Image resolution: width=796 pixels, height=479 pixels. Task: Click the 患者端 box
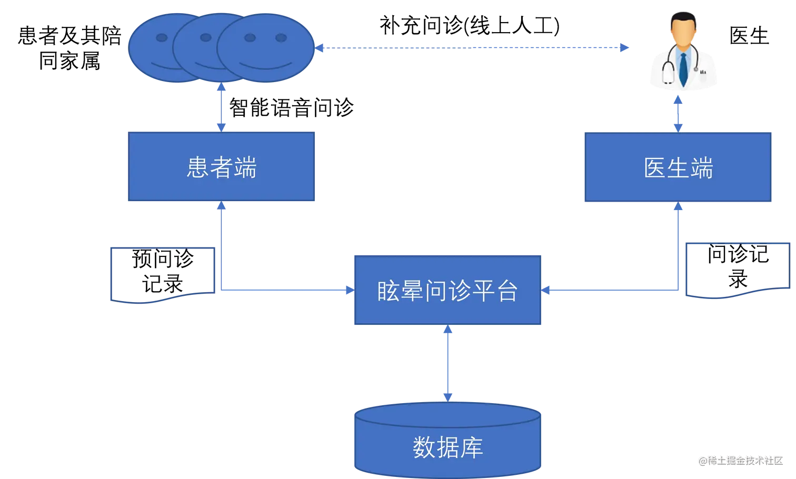(x=221, y=167)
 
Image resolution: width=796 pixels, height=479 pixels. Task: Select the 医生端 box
(x=678, y=167)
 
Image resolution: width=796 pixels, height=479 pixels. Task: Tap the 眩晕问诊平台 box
(x=447, y=291)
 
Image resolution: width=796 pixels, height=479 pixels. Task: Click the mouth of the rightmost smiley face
(x=266, y=66)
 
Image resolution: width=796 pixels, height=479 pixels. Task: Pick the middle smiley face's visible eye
(x=206, y=37)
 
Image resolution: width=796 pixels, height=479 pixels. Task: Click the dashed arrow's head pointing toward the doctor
(x=625, y=47)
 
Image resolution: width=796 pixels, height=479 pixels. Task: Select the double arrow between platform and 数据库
(x=447, y=363)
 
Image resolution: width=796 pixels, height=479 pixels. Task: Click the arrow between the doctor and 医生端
(x=678, y=112)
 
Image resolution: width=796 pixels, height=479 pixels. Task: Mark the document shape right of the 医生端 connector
(x=737, y=270)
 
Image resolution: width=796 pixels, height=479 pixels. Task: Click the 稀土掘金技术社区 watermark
(x=740, y=460)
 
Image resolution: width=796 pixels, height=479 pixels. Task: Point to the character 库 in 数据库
(x=472, y=447)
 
